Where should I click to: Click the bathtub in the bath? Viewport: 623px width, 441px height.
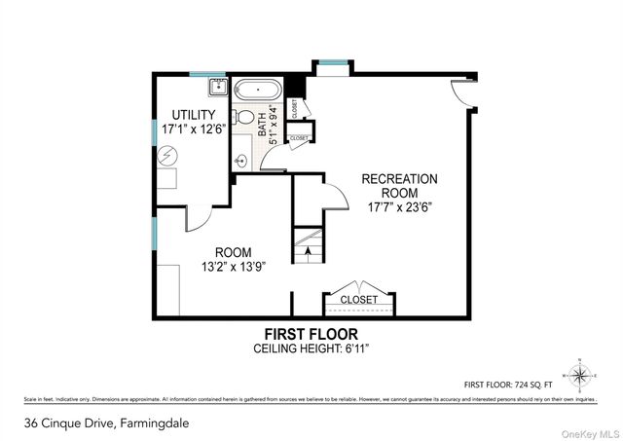257,90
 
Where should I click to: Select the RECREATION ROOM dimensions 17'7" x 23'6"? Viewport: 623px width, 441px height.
399,206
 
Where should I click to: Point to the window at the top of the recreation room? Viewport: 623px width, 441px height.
333,65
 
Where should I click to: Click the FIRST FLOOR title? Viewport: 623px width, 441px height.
311,333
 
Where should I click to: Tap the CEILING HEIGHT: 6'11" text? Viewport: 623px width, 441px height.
311,348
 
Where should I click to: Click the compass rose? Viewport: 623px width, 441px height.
581,373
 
